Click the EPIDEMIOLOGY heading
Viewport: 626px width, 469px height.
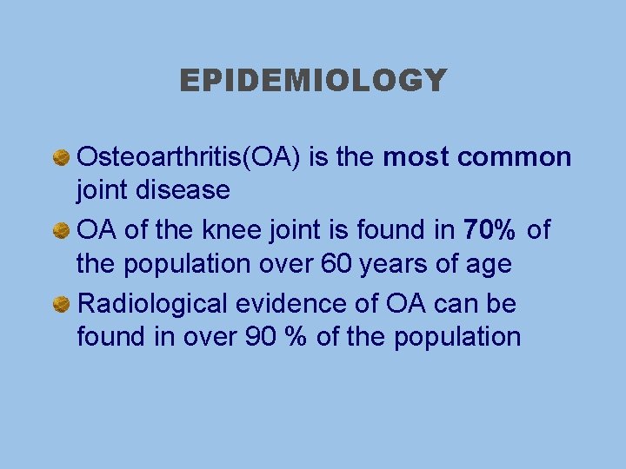(313, 81)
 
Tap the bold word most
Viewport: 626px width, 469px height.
(416, 157)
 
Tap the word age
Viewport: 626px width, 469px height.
(489, 264)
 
